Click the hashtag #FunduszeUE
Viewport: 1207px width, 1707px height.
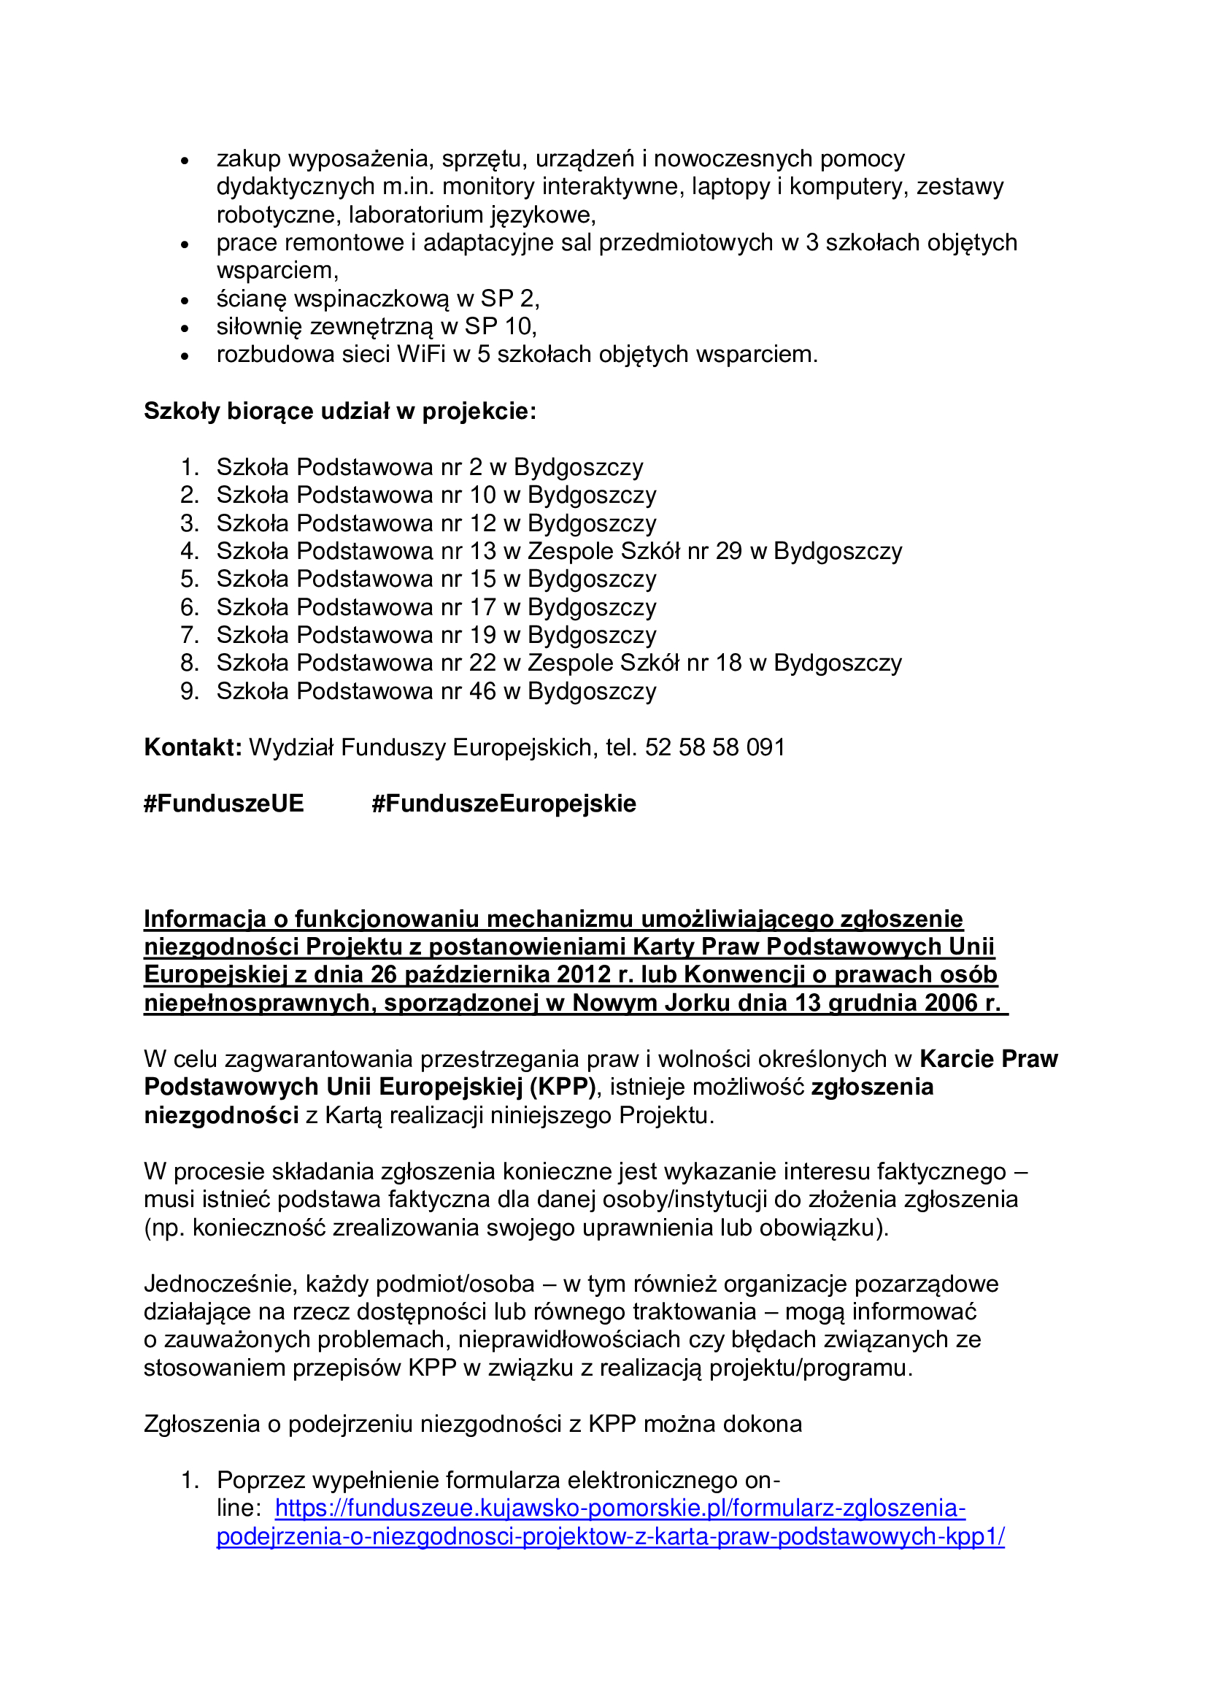(224, 804)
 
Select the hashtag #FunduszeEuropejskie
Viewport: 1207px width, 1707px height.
(504, 804)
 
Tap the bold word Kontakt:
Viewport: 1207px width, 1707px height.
(193, 747)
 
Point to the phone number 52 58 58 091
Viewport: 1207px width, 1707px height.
(715, 747)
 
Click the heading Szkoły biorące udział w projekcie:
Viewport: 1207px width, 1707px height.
(339, 411)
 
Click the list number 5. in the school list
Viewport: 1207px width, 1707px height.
(190, 579)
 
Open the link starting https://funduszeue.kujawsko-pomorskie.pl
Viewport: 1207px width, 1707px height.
(620, 1508)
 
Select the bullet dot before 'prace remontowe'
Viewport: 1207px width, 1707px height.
(186, 244)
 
